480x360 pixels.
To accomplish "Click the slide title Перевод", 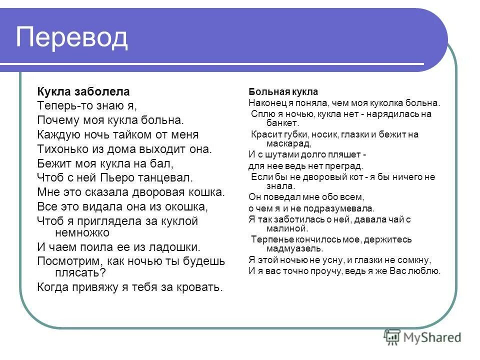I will coord(72,37).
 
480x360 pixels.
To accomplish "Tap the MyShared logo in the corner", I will coord(422,337).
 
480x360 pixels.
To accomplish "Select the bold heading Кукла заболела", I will coord(83,91).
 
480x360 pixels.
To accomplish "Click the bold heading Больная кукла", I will coord(283,92).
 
